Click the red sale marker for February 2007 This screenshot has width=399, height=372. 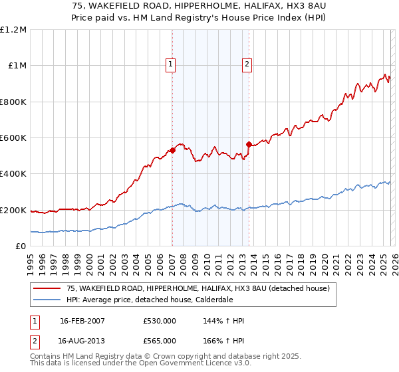point(172,150)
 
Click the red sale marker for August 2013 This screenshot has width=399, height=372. point(249,144)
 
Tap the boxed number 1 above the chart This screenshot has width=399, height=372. point(171,64)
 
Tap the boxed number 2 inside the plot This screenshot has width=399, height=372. point(247,64)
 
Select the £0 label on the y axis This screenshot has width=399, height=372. point(20,246)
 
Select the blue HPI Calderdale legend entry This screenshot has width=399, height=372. point(166,300)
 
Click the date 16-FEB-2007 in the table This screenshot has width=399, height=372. point(82,321)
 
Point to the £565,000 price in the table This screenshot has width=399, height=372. point(160,340)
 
